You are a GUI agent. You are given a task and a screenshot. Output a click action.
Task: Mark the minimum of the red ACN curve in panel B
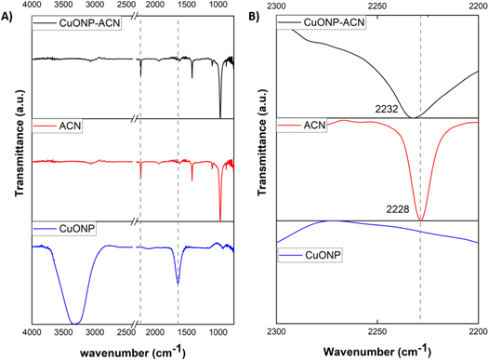point(421,220)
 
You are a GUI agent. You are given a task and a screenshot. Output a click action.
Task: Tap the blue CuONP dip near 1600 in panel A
point(178,283)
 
